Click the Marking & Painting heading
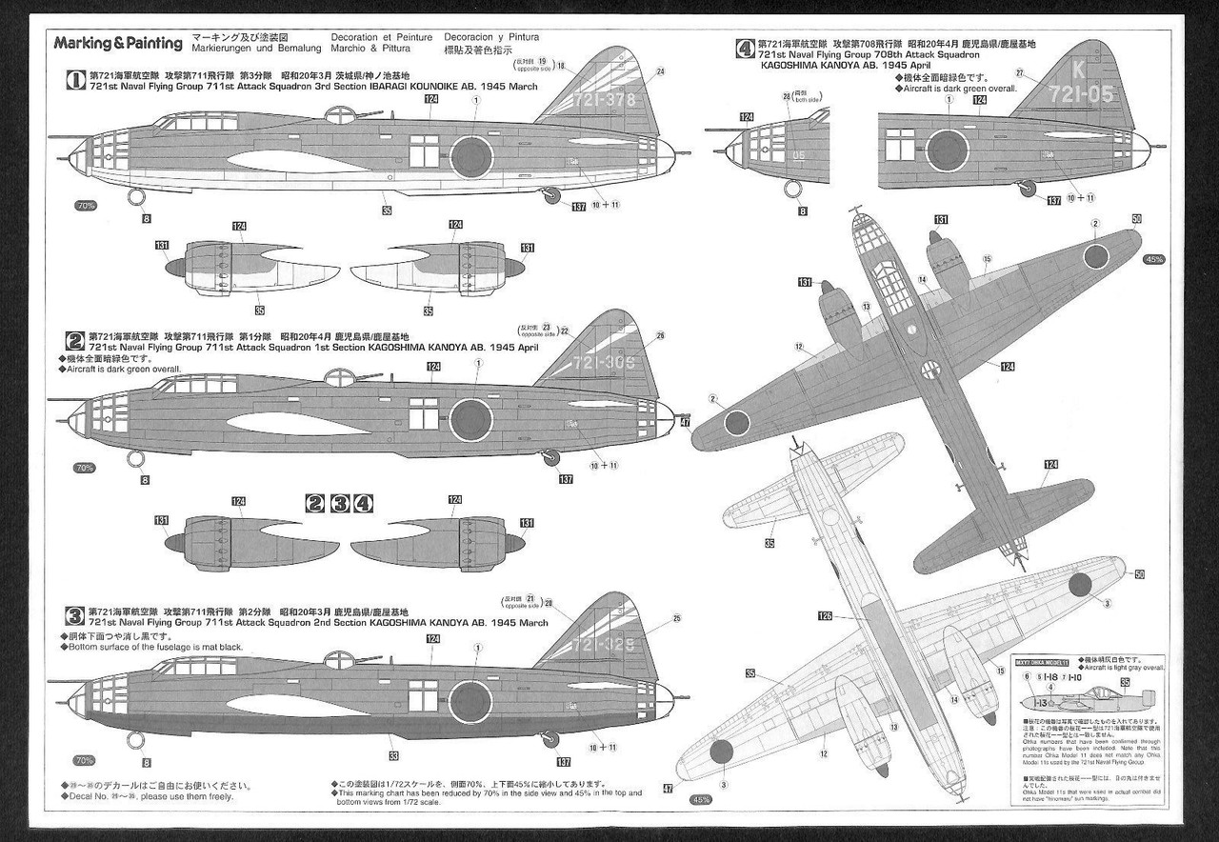pyautogui.click(x=117, y=43)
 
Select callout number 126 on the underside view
pyautogui.click(x=825, y=617)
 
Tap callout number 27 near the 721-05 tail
pyautogui.click(x=1019, y=73)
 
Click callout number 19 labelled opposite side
pyautogui.click(x=542, y=63)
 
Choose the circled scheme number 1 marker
pyautogui.click(x=73, y=82)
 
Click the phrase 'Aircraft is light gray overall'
pyautogui.click(x=1123, y=667)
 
